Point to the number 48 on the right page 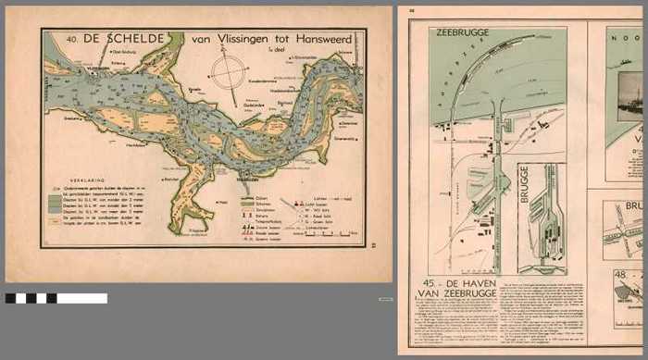click(621, 275)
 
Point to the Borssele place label click(195, 90)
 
